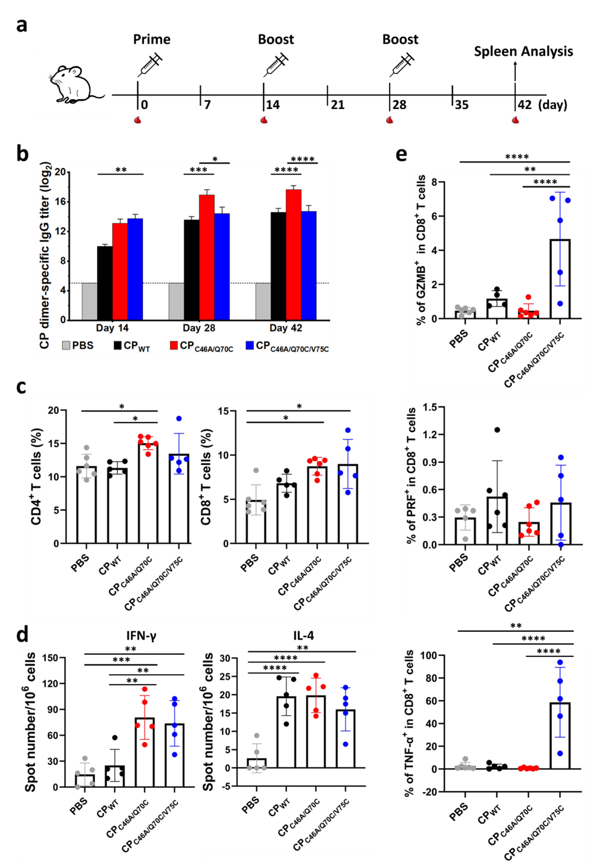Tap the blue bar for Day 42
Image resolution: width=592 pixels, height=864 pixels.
[308, 266]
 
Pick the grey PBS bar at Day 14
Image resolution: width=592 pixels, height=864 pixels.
[89, 302]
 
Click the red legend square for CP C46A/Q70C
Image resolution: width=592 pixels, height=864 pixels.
[174, 346]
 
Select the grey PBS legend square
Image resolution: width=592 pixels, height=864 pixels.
[66, 346]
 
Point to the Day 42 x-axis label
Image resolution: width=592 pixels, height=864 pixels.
[286, 328]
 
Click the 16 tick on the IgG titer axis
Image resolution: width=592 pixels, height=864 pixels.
[60, 202]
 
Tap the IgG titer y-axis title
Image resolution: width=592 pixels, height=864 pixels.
[45, 255]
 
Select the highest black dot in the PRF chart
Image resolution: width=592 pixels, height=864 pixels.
[497, 430]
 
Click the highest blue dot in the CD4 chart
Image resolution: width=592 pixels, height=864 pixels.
[179, 419]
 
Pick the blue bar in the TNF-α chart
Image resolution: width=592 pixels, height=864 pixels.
[560, 735]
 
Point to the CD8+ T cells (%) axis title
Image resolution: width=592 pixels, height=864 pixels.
[206, 476]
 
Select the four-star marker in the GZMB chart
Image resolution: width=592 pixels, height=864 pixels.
[545, 182]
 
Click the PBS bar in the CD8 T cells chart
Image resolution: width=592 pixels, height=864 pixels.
[256, 522]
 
